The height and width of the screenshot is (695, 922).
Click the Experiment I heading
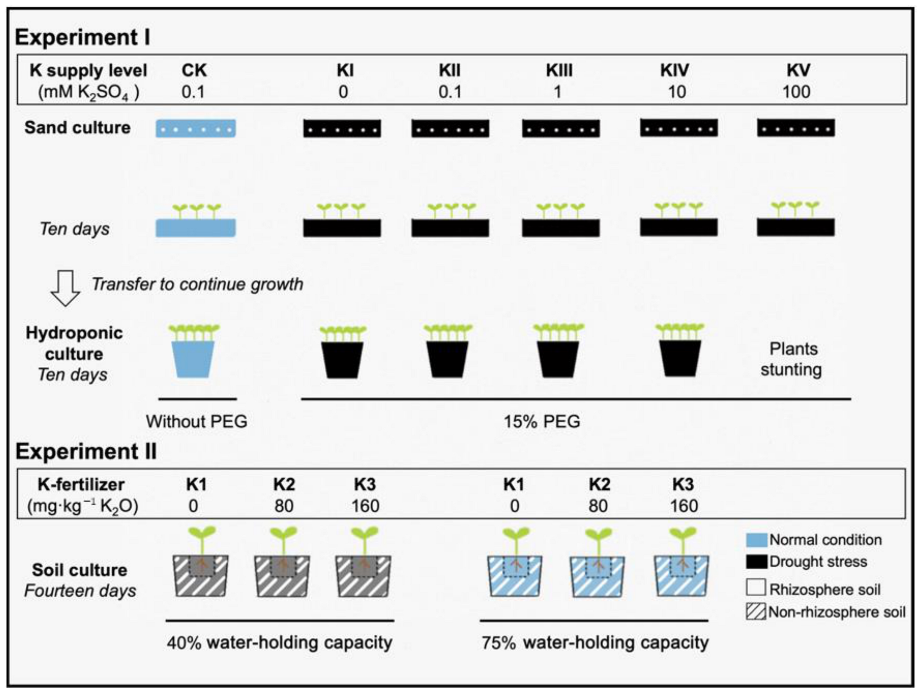point(83,38)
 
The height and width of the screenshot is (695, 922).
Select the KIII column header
point(559,70)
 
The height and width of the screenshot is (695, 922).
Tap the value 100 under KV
point(796,91)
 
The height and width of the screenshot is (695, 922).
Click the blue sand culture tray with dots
point(195,128)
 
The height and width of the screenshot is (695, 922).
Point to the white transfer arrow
point(65,288)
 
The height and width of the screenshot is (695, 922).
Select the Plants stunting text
point(792,359)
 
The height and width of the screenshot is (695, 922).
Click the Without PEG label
point(196,421)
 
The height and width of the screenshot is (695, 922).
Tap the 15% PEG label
point(542,421)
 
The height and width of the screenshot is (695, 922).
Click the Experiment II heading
point(86,452)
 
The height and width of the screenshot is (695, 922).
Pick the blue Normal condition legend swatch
point(756,540)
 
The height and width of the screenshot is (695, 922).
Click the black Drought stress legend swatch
point(756,562)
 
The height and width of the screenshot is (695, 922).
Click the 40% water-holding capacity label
point(279,642)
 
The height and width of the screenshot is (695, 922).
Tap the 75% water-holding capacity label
point(595,642)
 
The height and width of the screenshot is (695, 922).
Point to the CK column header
point(194,70)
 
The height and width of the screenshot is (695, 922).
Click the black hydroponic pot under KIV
point(680,358)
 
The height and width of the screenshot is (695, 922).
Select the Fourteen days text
point(80,591)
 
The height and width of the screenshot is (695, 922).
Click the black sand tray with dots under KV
point(796,128)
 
